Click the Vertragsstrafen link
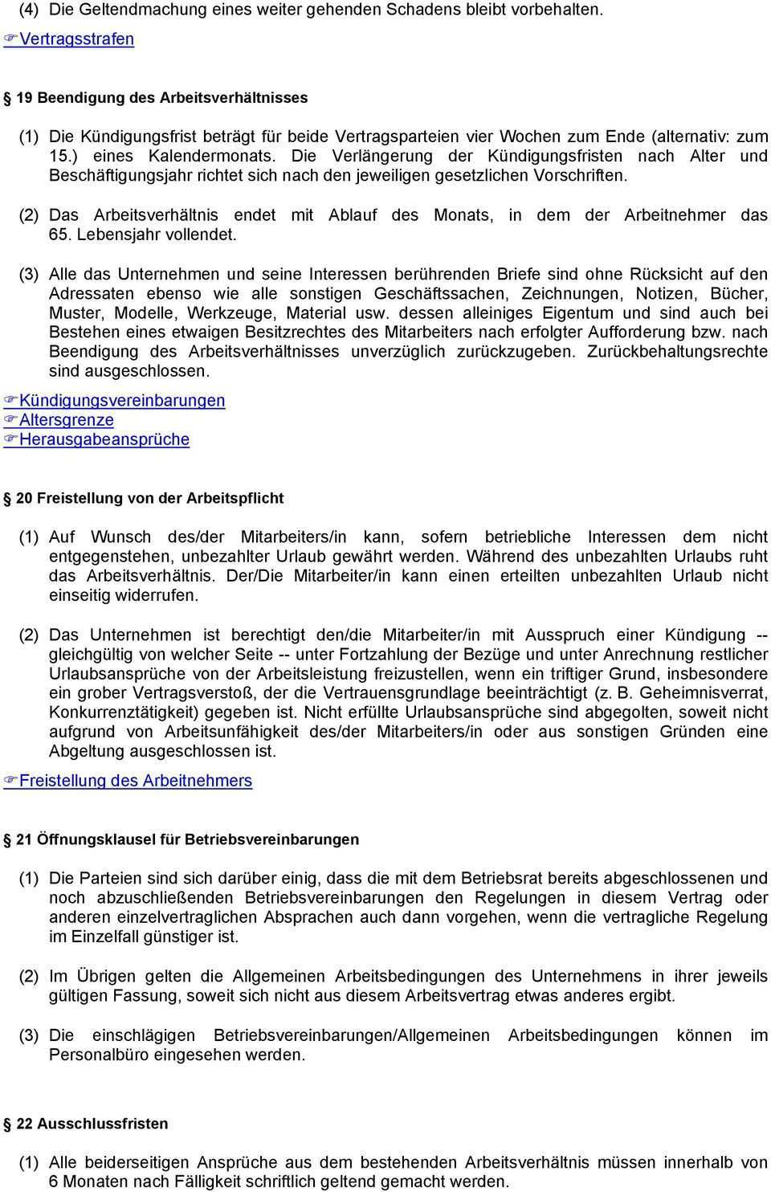(76, 39)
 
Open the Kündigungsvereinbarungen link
(122, 400)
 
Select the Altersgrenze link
(67, 419)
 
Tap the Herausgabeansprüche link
(104, 439)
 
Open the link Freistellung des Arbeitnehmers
(136, 781)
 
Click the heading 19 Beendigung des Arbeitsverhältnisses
(161, 97)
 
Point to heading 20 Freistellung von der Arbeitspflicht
(149, 498)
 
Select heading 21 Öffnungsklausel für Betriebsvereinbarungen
(187, 839)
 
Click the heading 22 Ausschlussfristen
(92, 1124)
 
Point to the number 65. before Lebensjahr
(60, 235)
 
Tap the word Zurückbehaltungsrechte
(677, 352)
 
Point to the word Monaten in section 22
(93, 1182)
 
